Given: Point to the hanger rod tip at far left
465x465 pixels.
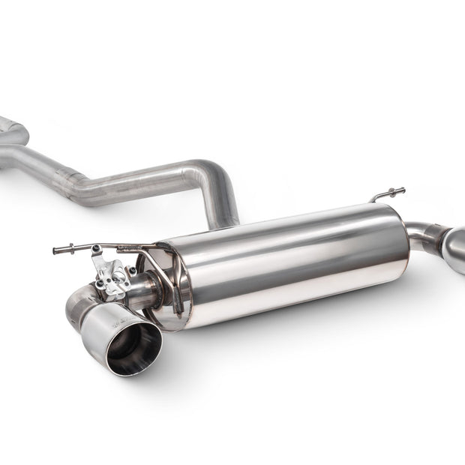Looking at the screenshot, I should click(56, 250).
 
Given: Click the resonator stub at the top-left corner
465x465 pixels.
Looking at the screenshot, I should click(10, 130).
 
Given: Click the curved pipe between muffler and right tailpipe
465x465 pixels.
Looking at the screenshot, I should click(424, 232).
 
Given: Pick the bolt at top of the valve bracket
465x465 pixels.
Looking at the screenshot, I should click(97, 249).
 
